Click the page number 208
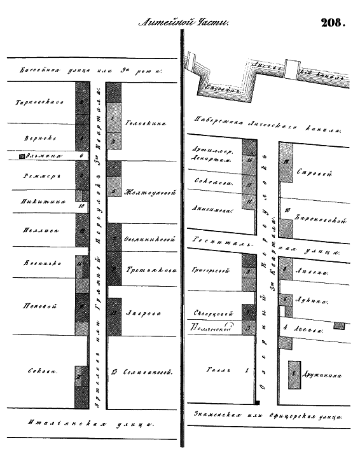[333, 23]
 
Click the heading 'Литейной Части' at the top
[183, 23]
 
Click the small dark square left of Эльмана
[22, 155]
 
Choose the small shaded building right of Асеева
[339, 326]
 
